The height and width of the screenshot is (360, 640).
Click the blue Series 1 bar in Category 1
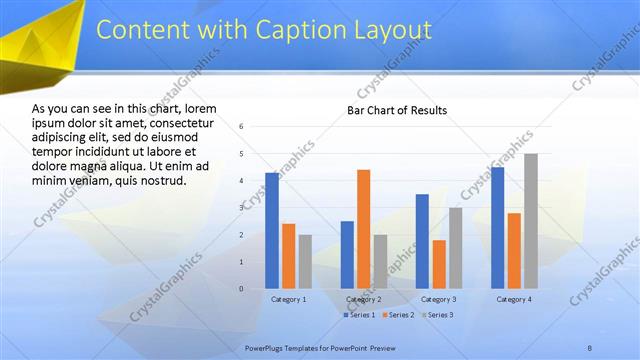(272, 230)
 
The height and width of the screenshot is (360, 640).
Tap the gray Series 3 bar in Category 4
(530, 221)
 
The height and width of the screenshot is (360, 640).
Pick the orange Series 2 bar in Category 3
(438, 264)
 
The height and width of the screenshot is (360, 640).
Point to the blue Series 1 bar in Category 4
(497, 227)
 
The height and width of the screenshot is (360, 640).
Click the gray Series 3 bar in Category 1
(305, 261)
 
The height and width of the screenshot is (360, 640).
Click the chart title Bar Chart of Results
(397, 110)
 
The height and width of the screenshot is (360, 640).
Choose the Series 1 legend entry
(360, 315)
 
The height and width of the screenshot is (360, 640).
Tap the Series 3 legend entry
(436, 315)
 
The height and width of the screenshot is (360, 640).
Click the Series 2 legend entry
(398, 315)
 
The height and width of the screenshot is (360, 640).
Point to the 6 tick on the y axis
(242, 126)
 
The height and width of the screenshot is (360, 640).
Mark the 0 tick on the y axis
(242, 289)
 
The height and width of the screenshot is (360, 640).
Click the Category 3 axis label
(438, 299)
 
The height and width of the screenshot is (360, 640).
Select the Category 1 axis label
(288, 299)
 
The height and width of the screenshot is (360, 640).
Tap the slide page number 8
(590, 346)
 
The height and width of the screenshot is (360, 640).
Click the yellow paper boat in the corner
(40, 45)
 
